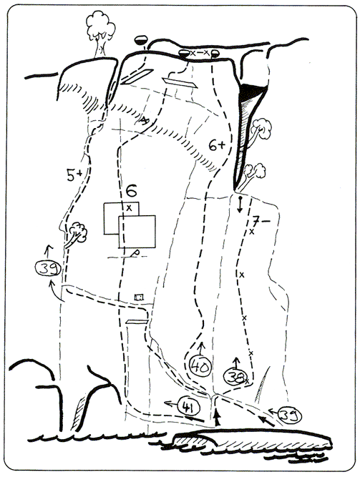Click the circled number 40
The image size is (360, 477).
click(x=200, y=367)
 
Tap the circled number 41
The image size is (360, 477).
click(x=188, y=406)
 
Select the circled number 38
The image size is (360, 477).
click(x=234, y=377)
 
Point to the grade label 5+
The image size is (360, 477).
click(x=74, y=175)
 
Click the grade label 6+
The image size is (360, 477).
click(x=217, y=145)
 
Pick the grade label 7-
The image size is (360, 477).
click(x=261, y=221)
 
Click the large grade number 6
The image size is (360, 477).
click(x=131, y=192)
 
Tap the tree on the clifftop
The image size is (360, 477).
click(x=100, y=34)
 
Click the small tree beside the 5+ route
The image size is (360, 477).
click(x=76, y=235)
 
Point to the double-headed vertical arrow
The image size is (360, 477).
click(x=240, y=205)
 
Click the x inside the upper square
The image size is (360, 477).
click(x=129, y=208)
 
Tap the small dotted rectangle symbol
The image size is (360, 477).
click(x=139, y=297)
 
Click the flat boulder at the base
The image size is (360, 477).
click(x=252, y=439)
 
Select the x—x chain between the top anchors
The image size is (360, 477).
click(x=199, y=53)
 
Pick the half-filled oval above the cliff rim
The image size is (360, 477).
click(x=141, y=40)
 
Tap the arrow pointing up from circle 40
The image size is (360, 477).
click(x=201, y=348)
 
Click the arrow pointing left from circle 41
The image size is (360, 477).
click(x=171, y=404)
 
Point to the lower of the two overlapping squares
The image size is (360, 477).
click(x=137, y=232)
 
